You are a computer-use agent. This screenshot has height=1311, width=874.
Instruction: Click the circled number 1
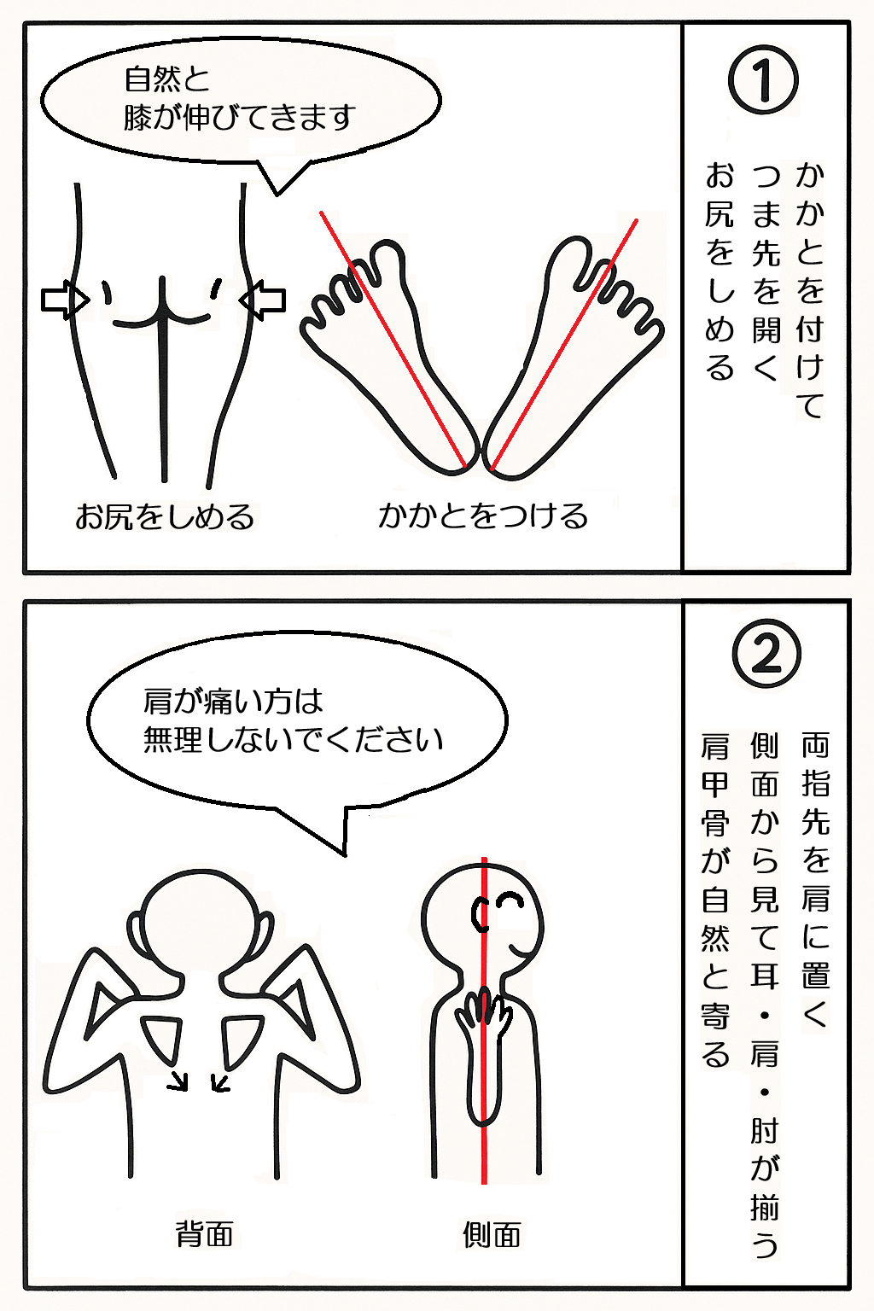(x=763, y=79)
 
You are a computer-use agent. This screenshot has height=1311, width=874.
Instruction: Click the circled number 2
(x=766, y=653)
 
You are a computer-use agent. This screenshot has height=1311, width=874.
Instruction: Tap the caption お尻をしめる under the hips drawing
(x=165, y=516)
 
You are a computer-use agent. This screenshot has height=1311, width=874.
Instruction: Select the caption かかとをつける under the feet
(x=483, y=516)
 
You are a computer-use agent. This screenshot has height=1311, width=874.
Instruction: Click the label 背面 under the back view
(x=204, y=1233)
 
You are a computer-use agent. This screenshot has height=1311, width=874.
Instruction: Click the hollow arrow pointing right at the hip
(x=65, y=300)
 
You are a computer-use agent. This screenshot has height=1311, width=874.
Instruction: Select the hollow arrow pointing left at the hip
(x=262, y=300)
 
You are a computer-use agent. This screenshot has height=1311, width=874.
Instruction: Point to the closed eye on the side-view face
(x=510, y=900)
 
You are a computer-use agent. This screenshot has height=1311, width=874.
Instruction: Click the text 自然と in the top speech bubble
(x=166, y=79)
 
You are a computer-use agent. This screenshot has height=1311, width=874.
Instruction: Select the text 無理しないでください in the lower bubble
(x=293, y=739)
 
